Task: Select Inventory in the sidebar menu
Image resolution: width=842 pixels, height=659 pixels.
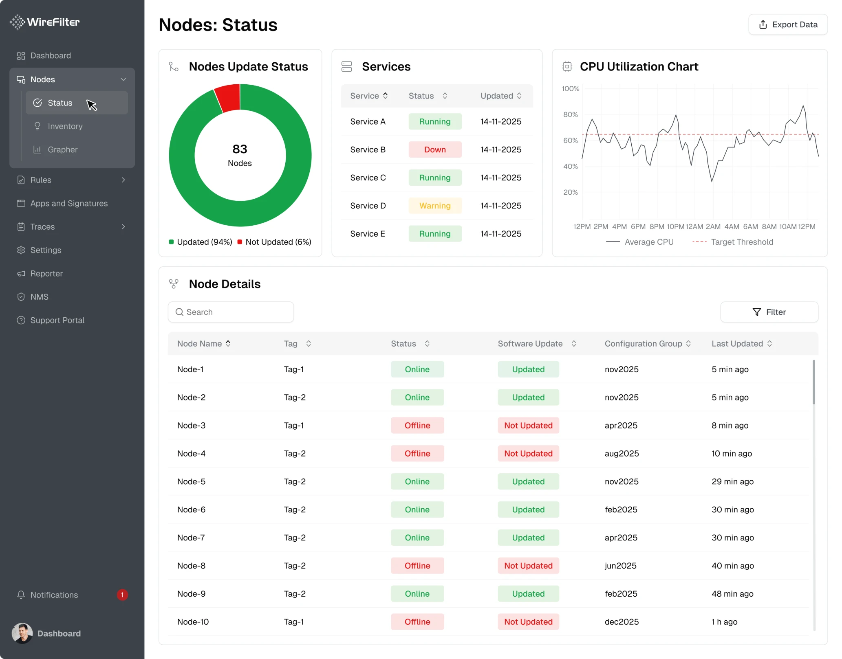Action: coord(65,126)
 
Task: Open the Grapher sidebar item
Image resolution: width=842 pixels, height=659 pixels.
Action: coord(62,149)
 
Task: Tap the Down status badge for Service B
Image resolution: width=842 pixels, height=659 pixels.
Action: coord(434,149)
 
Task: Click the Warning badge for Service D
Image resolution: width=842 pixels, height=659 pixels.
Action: coord(434,206)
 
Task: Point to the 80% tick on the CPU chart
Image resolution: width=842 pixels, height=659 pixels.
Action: coord(570,115)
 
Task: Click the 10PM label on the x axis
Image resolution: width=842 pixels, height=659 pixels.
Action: coord(675,226)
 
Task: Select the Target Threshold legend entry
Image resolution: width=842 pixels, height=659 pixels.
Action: coord(741,242)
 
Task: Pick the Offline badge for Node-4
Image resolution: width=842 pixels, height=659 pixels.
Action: coord(417,453)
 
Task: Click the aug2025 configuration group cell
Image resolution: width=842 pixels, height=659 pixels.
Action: coord(622,453)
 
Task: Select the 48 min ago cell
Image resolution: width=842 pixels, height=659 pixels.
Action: coord(732,594)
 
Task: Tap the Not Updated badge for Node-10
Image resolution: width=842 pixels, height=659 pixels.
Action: coord(528,622)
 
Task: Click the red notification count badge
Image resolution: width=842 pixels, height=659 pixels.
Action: coord(122,595)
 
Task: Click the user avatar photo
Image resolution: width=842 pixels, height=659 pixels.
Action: coord(22,633)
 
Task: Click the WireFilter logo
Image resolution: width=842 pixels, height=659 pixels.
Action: coord(45,22)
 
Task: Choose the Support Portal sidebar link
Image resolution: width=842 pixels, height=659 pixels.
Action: coord(57,320)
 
